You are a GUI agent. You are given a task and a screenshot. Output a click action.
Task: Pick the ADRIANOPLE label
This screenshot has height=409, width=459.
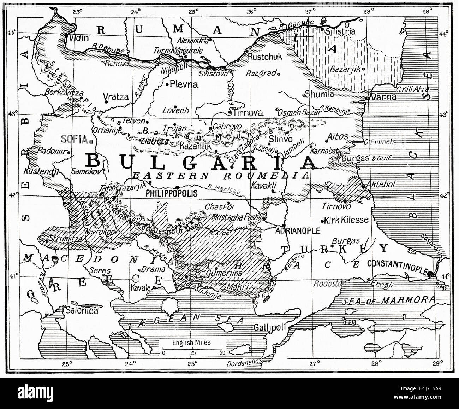298,231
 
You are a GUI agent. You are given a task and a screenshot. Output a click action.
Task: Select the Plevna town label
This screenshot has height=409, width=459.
184,84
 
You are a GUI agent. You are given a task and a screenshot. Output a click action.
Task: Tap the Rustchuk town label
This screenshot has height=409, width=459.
262,56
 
